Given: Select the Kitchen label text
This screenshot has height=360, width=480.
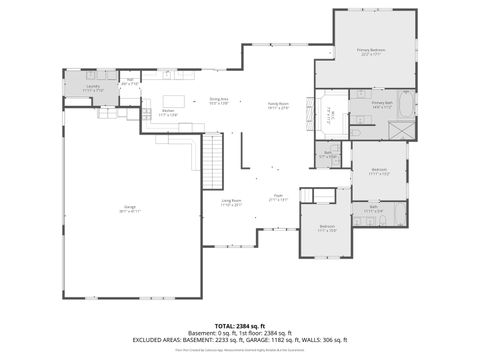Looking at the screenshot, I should point(169,112).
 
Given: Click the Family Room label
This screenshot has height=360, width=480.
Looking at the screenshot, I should point(277,105).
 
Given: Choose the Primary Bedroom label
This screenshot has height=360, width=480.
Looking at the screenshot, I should point(371,50).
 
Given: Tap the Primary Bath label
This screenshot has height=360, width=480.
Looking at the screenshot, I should point(382,104).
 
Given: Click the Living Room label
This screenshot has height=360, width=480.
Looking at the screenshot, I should point(232,203).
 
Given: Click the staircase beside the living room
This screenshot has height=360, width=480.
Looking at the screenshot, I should point(212,162).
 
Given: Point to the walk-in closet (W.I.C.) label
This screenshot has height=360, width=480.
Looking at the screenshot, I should point(330,112).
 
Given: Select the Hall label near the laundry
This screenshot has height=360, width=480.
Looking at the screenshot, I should point(130,81).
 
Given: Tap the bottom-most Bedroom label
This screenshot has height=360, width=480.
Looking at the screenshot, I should point(327,228).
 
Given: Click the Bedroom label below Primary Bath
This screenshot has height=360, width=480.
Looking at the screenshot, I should point(379,171).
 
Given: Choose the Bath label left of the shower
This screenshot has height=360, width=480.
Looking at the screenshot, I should point(328,153).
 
